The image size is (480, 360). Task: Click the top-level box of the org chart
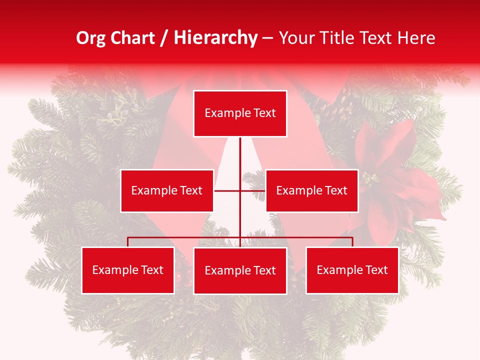pyautogui.click(x=240, y=113)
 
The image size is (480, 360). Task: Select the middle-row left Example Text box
pyautogui.click(x=167, y=190)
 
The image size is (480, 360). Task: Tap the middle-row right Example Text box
pyautogui.click(x=311, y=190)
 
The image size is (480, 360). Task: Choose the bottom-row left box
pyautogui.click(x=128, y=270)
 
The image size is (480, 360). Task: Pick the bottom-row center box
pyautogui.click(x=240, y=270)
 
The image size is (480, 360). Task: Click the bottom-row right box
pyautogui.click(x=352, y=270)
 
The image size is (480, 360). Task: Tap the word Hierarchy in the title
pyautogui.click(x=215, y=38)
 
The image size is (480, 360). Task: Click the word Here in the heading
pyautogui.click(x=416, y=38)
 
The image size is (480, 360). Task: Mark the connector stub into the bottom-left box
pyautogui.click(x=128, y=242)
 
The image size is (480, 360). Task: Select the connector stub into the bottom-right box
pyautogui.click(x=352, y=242)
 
